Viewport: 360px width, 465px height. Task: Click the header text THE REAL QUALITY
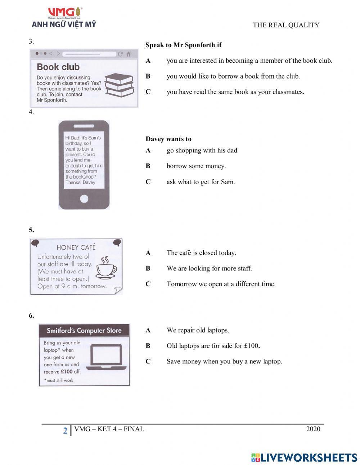coord(286,25)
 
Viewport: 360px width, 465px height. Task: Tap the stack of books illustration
coord(119,85)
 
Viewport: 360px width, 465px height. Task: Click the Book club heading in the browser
coord(58,67)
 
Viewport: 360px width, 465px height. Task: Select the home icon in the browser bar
coord(128,54)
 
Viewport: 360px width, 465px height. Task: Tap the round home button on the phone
coord(84,198)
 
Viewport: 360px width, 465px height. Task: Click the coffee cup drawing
coord(107,268)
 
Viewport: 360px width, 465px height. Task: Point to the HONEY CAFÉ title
coord(76,247)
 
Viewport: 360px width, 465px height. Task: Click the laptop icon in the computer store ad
coord(108,357)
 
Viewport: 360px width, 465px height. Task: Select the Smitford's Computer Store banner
coord(84,330)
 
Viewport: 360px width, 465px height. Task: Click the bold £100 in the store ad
coord(66,371)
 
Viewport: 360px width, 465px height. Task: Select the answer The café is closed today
coord(201,253)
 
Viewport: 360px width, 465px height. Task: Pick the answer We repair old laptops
coord(198,330)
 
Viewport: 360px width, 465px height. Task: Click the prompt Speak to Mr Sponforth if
coord(183,45)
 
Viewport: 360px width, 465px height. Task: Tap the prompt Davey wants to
coord(168,139)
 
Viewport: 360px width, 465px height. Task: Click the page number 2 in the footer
coord(65,430)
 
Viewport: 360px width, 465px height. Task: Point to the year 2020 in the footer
coord(313,429)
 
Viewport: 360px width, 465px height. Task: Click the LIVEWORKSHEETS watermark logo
coord(304,457)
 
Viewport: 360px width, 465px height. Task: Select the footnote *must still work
coord(58,380)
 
